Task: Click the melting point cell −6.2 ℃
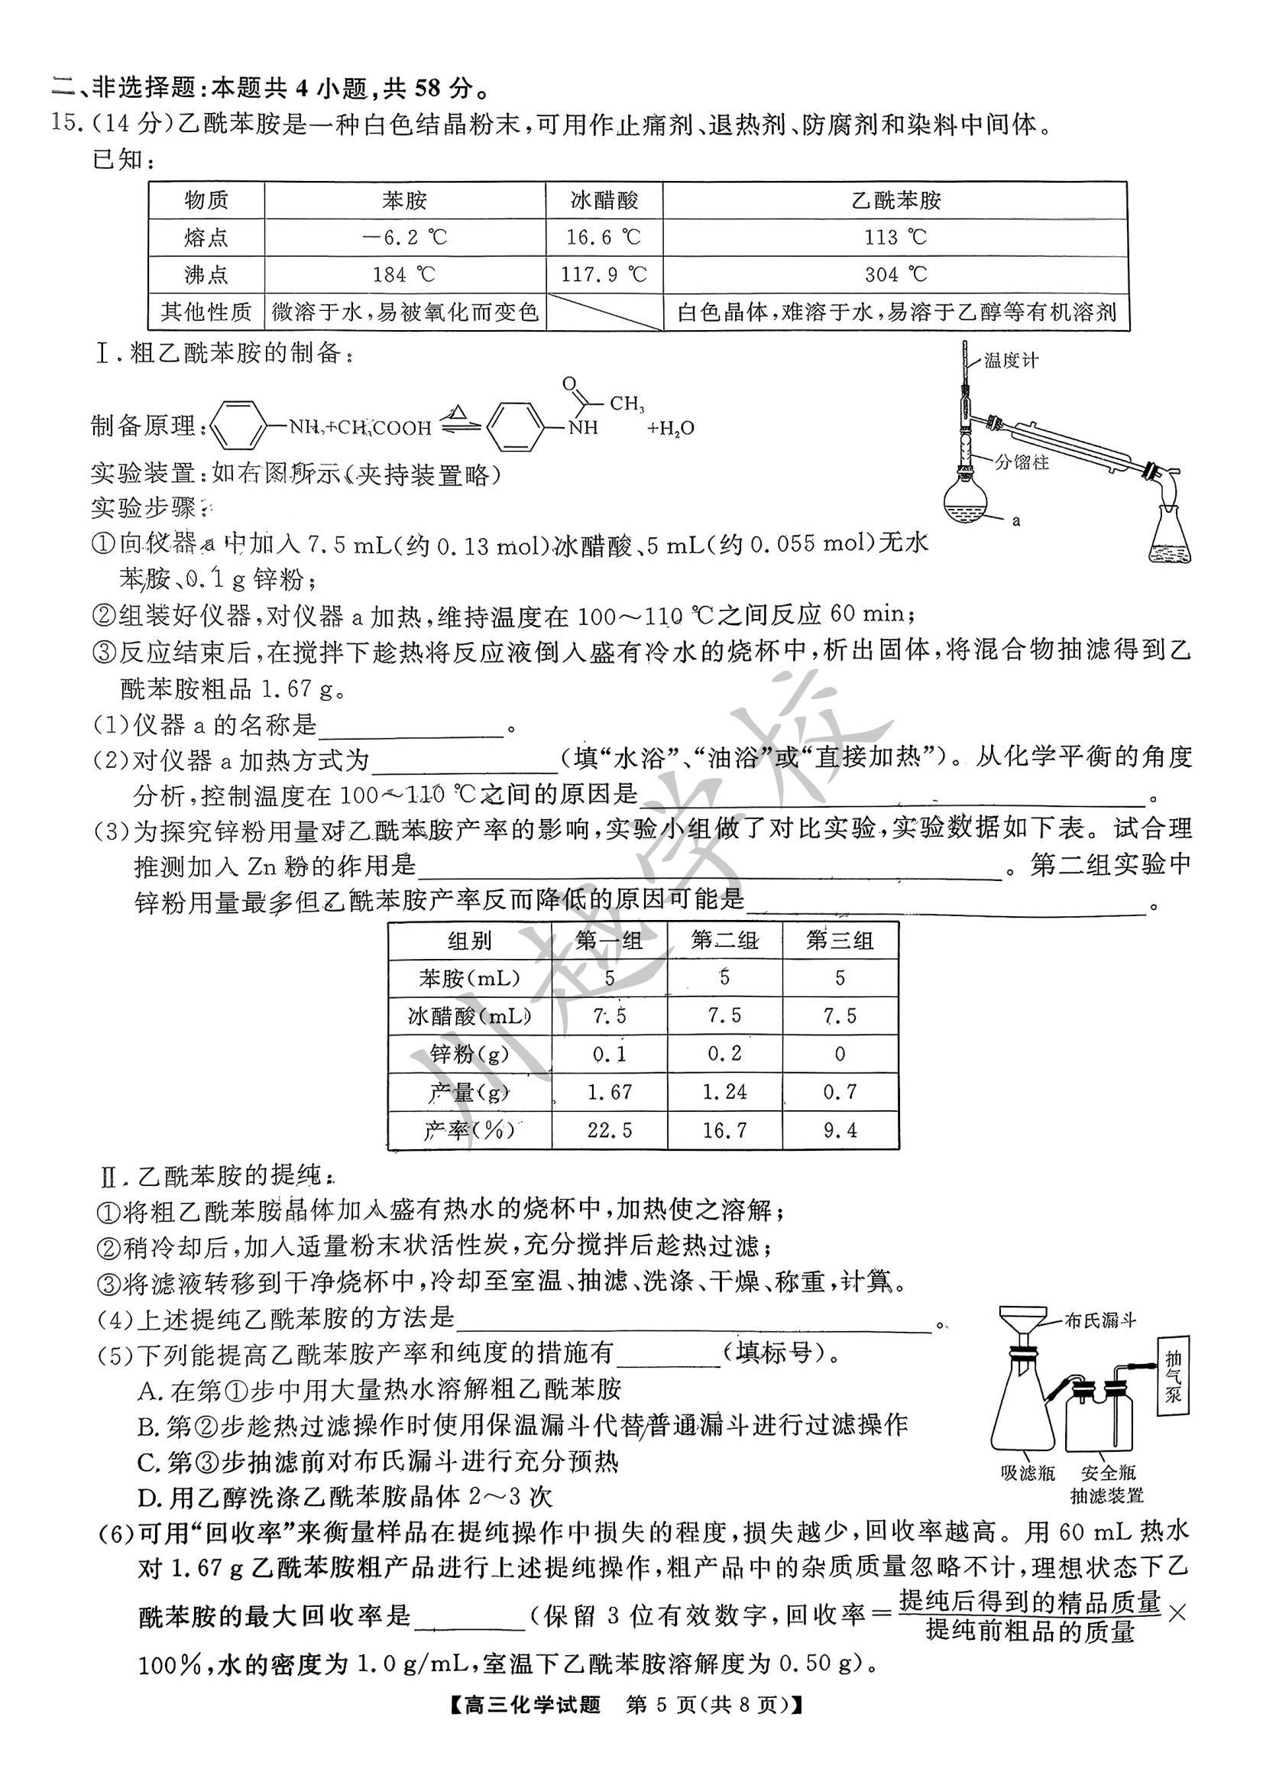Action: [404, 237]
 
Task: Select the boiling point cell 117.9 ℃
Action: [604, 274]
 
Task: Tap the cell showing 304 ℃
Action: [895, 274]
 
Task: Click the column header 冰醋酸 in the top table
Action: [604, 201]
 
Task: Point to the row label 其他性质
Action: [206, 312]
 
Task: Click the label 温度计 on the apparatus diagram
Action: [1010, 361]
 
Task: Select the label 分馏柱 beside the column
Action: [1021, 463]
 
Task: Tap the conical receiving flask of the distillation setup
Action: [1170, 536]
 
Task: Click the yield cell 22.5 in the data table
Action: [609, 1130]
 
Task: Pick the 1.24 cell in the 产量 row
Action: [724, 1092]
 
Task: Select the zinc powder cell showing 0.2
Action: [724, 1054]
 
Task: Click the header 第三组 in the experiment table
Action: [840, 941]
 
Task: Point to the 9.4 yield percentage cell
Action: [840, 1130]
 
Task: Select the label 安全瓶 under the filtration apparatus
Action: [1107, 1472]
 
